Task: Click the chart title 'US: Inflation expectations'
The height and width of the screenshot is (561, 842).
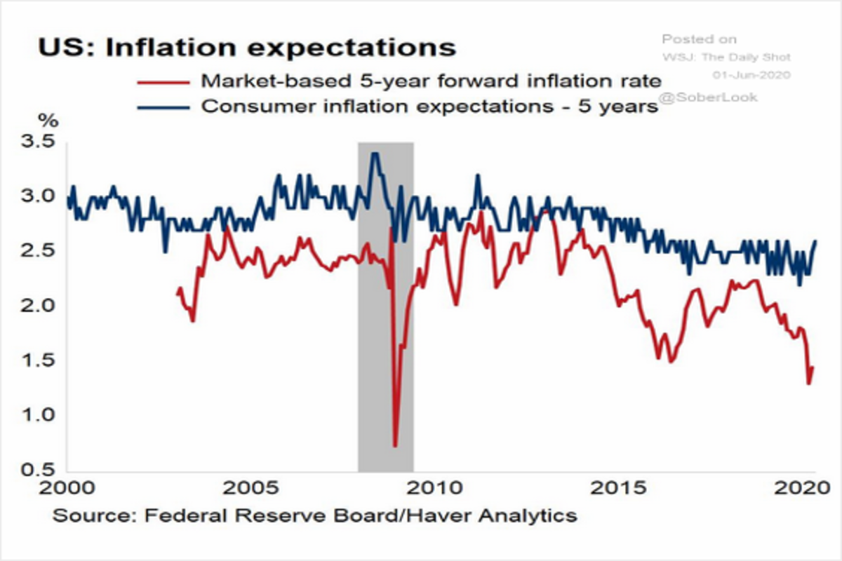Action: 246,48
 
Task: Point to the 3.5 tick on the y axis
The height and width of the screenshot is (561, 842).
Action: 38,142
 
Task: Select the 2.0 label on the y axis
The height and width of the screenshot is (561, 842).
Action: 38,306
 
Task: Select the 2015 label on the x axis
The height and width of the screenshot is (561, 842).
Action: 627,486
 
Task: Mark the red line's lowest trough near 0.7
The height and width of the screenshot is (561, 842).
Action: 395,445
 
